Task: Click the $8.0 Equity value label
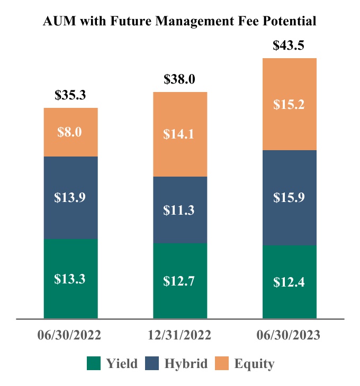70,132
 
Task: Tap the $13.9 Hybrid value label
70,197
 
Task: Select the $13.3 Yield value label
70,279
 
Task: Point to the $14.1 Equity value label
179,134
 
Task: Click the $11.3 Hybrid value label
179,210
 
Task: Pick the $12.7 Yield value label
179,281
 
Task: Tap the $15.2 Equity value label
289,104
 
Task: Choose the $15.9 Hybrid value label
289,197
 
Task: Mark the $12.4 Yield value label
289,282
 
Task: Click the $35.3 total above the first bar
70,95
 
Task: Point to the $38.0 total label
179,79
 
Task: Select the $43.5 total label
289,45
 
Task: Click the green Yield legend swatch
93,363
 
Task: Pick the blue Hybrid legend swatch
153,363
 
